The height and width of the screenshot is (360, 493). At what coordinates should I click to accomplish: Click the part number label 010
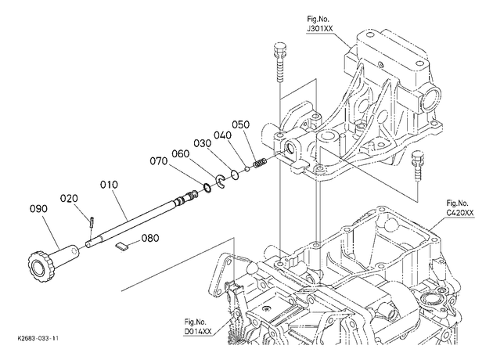(109, 185)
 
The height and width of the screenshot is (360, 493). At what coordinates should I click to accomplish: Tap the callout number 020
(69, 199)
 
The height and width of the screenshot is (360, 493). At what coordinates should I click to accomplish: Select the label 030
(202, 143)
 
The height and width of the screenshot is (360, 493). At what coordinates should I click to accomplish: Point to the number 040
(222, 135)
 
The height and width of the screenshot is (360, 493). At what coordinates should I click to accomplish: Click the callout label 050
(240, 124)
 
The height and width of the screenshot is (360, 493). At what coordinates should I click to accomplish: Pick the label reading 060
(181, 153)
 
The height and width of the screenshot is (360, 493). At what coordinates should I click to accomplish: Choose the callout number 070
(158, 161)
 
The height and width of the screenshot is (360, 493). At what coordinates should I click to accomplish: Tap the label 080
(150, 238)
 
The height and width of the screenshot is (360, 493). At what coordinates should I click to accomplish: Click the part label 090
(38, 209)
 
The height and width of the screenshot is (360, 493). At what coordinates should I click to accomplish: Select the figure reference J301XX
(320, 29)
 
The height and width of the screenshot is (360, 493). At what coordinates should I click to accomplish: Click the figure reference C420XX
(459, 213)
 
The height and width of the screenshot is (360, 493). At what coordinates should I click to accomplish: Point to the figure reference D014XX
(198, 331)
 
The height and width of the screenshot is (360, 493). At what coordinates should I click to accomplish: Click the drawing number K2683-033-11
(38, 339)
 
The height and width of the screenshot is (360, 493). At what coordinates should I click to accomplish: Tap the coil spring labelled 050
(260, 164)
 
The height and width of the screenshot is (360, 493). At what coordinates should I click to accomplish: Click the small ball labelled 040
(247, 169)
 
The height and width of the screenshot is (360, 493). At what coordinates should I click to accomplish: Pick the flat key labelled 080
(122, 246)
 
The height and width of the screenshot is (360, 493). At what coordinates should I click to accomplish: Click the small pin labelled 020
(92, 222)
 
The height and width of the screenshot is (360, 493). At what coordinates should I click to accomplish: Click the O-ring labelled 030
(235, 175)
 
